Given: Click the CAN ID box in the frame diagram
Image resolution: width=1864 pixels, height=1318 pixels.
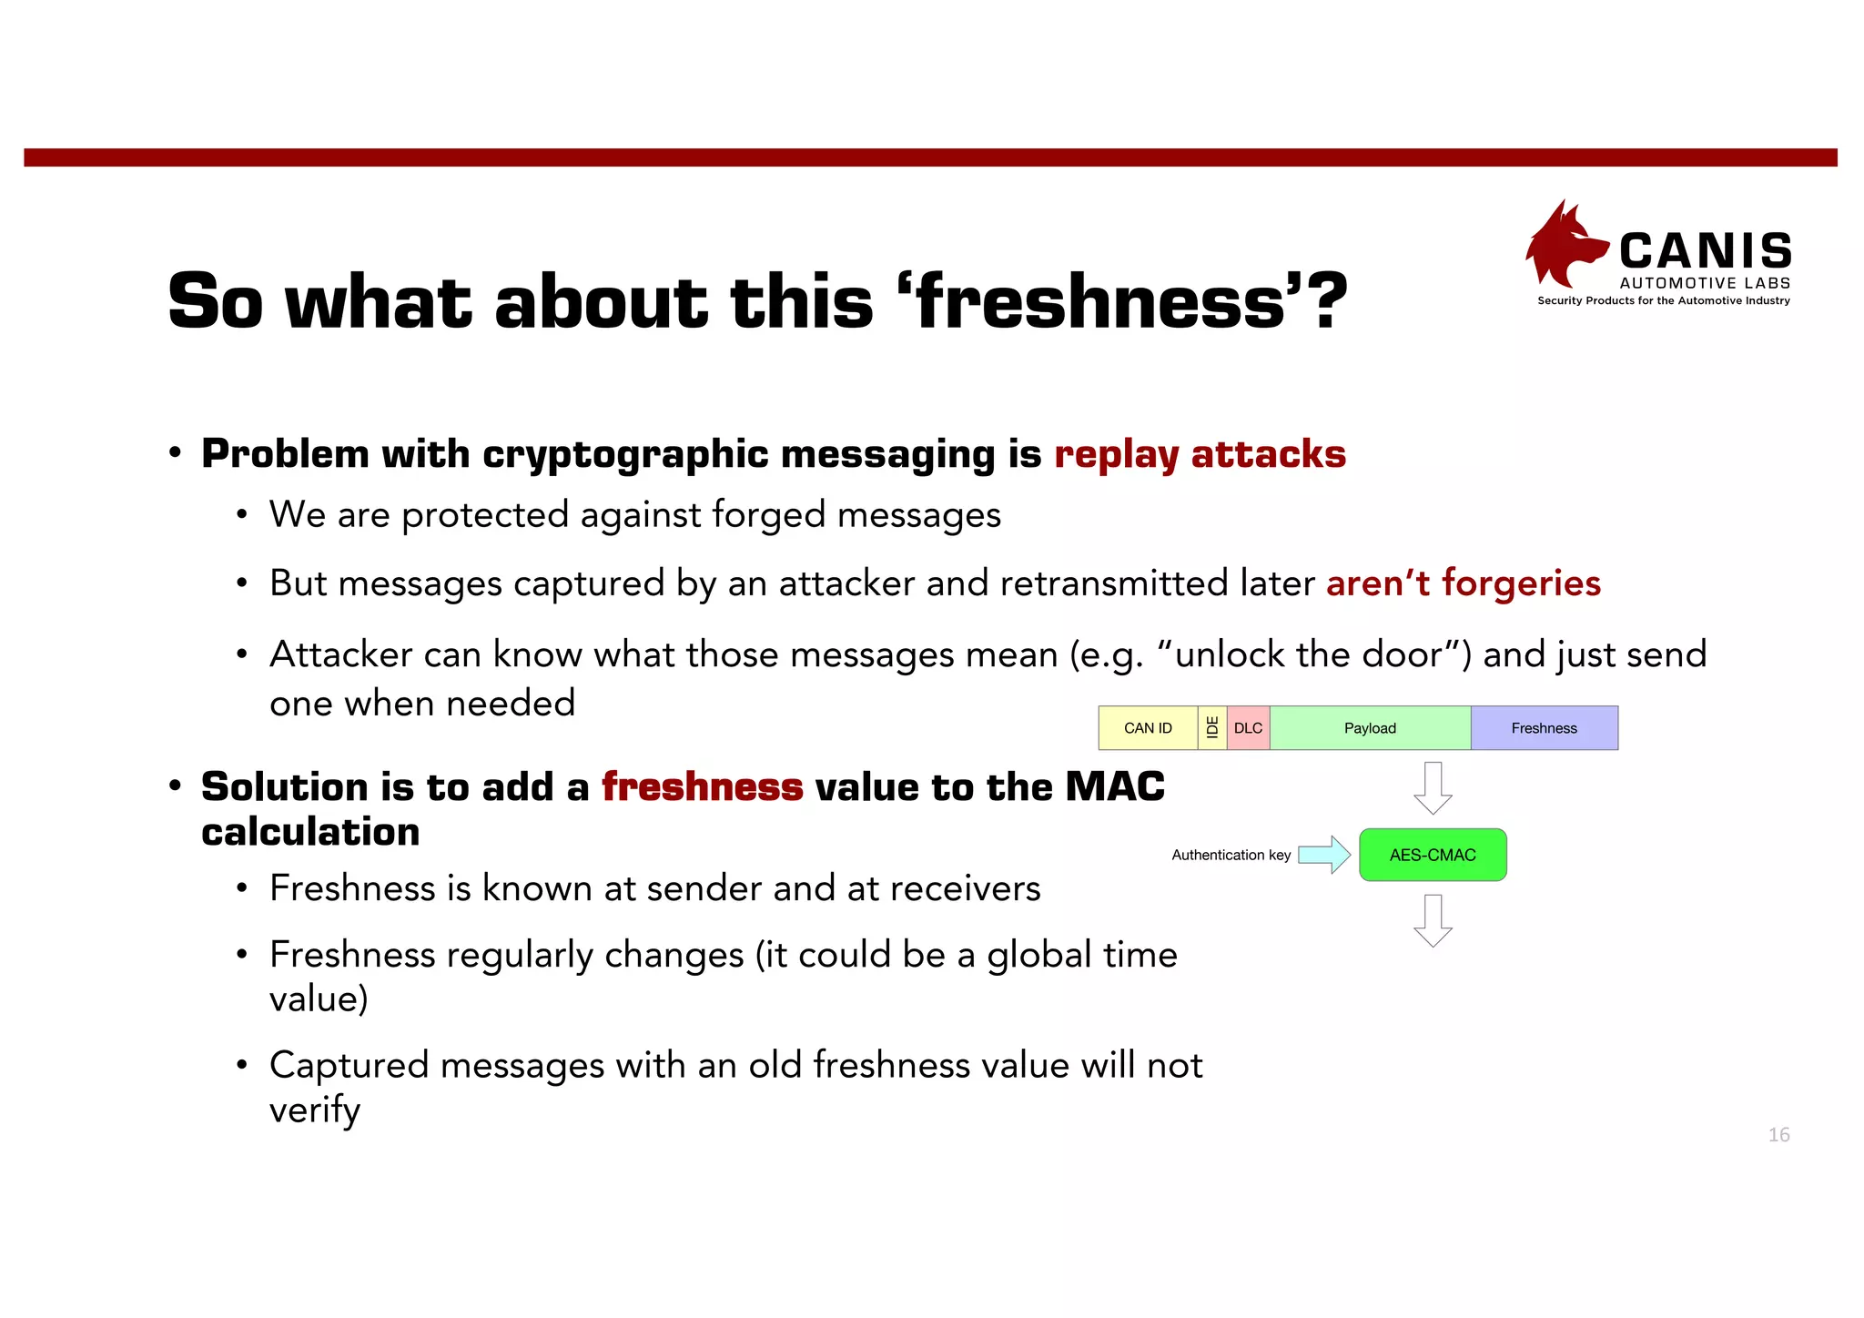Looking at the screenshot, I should [1148, 728].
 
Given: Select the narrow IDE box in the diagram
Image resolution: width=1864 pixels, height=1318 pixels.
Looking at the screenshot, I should [1212, 728].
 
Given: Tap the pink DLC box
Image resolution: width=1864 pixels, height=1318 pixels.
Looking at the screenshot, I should [1248, 728].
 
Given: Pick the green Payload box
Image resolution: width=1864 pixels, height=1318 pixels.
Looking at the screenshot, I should [1370, 728].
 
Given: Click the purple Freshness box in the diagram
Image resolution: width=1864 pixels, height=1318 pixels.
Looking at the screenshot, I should [1544, 728].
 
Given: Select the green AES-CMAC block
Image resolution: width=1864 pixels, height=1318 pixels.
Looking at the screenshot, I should [1433, 855].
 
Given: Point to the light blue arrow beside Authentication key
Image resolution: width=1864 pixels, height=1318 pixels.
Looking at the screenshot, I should [1324, 855].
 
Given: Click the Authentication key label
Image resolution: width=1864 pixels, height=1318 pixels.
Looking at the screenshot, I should [1231, 855].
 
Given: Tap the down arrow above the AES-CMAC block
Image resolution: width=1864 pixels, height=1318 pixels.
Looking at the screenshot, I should [1433, 788].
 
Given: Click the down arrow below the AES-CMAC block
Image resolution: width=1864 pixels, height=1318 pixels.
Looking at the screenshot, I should [1433, 921].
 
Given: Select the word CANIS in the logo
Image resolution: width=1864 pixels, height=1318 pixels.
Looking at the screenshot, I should [1706, 251].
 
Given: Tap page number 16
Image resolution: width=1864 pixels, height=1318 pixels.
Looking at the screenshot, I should [1778, 1134].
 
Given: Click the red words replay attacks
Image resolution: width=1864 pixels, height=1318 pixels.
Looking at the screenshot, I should [1200, 454].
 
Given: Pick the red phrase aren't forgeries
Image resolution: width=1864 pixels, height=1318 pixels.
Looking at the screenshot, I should [1463, 583].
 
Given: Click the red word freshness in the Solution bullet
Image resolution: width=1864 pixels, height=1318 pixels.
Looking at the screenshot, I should [702, 787].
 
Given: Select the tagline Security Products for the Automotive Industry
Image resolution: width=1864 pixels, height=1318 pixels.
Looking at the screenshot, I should [1664, 300].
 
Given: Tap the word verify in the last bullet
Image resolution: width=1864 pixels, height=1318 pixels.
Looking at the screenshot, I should [315, 1110].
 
